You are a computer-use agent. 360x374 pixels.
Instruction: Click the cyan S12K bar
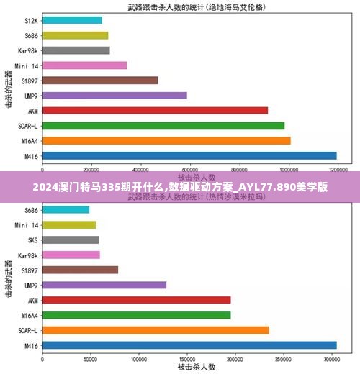pos(72,20)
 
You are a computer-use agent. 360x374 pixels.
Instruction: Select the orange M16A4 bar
pos(166,140)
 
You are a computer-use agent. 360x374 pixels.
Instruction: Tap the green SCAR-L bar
pos(163,125)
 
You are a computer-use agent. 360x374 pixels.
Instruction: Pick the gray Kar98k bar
pos(76,50)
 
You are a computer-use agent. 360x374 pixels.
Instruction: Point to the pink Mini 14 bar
pos(85,65)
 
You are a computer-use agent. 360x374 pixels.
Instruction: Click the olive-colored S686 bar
pos(75,35)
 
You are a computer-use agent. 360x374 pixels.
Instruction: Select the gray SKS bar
pos(71,240)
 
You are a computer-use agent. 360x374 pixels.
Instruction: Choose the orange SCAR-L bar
pos(156,330)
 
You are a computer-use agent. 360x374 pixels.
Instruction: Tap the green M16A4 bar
pos(136,315)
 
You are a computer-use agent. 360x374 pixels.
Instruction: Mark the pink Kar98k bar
pos(71,255)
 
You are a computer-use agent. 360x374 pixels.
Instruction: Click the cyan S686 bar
pos(66,209)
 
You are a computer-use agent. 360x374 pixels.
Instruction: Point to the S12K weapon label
pos(30,20)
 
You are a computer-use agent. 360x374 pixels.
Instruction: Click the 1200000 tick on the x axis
pos(338,170)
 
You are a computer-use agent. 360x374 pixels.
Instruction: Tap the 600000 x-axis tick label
pos(191,170)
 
